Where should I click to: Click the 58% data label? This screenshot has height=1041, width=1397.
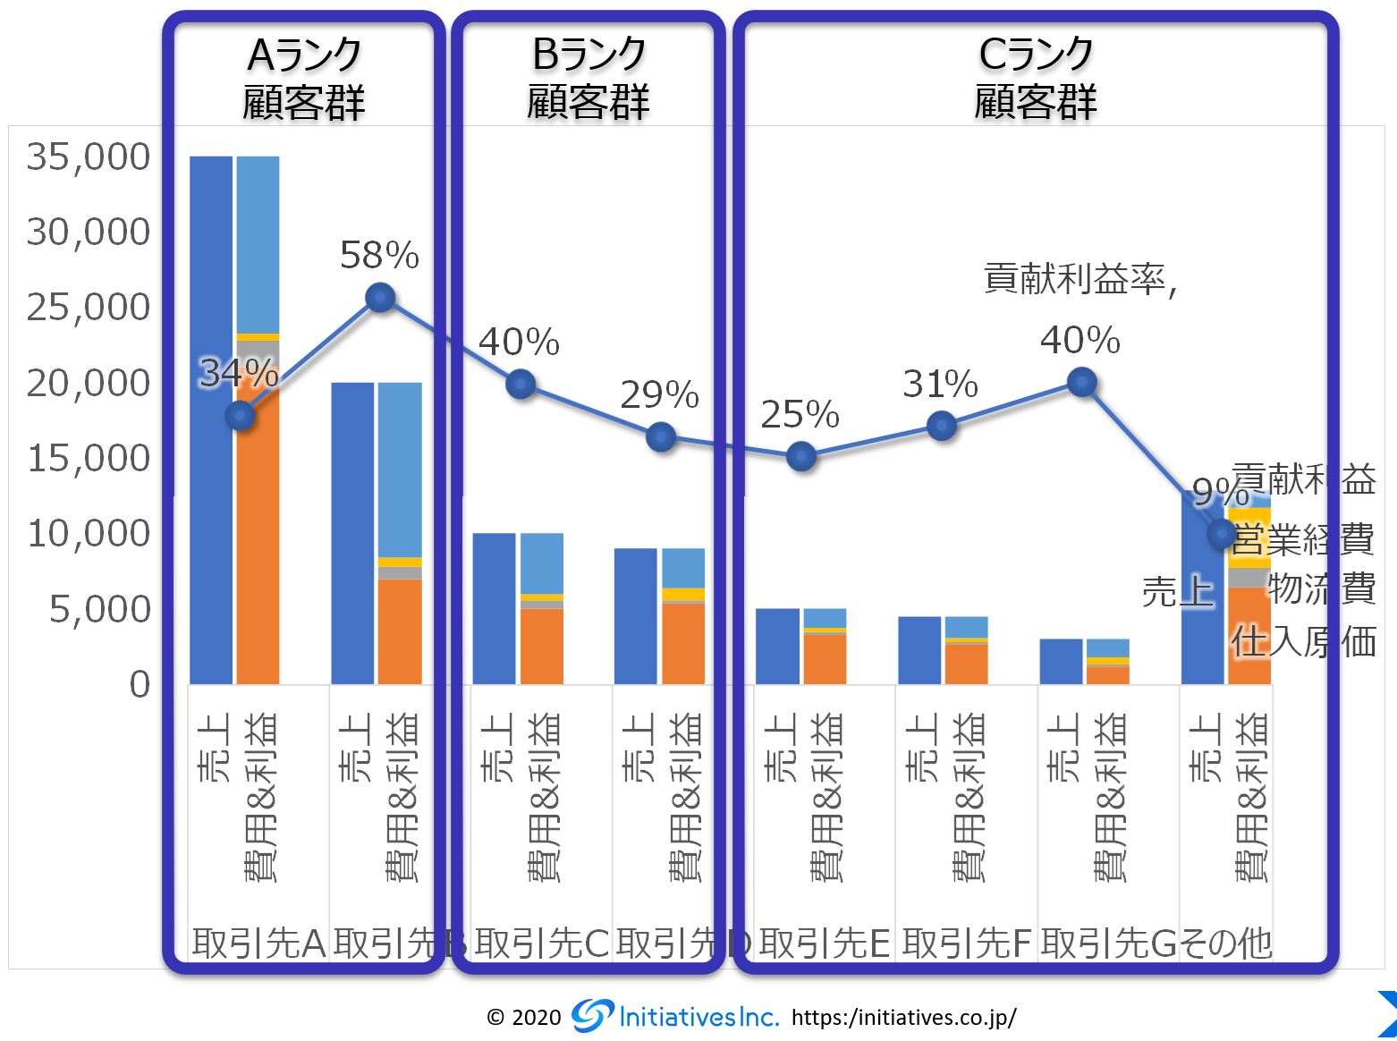(379, 257)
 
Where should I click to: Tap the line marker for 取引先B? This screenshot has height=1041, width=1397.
(381, 297)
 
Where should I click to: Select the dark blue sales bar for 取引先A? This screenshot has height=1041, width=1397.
(211, 420)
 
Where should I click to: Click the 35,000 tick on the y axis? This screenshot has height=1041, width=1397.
(89, 157)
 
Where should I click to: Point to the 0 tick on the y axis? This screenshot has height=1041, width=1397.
(140, 684)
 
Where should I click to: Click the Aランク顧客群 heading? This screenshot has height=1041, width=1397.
(304, 79)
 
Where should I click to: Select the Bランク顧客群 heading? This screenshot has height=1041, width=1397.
(588, 79)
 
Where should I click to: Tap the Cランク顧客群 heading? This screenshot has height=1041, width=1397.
(1036, 79)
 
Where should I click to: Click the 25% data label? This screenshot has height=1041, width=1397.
(800, 415)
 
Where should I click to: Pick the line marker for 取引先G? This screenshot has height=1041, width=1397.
(1082, 383)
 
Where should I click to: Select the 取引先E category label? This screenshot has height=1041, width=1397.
(824, 943)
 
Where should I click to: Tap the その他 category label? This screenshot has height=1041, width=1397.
(1226, 943)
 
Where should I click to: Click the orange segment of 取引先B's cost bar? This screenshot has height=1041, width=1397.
(400, 631)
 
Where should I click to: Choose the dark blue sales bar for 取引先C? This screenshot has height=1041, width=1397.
(494, 608)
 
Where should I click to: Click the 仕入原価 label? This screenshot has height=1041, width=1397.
(1302, 642)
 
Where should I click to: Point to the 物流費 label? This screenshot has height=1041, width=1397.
(1321, 589)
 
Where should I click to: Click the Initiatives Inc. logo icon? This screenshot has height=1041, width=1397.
(592, 1015)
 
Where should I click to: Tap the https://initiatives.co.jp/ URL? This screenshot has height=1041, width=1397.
(903, 1017)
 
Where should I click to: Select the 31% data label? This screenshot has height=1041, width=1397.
(940, 385)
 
